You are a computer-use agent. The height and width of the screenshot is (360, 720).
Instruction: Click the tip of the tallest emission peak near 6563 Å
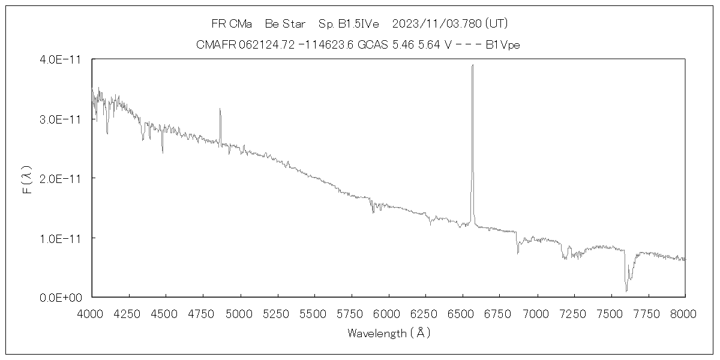pos(472,65)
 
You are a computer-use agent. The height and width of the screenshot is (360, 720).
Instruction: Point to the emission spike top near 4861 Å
pos(220,109)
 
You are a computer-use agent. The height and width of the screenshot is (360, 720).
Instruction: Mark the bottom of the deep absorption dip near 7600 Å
pos(626,291)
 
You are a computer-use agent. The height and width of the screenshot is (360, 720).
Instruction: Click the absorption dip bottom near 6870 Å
pos(518,253)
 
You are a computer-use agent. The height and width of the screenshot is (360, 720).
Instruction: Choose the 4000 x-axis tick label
pos(92,313)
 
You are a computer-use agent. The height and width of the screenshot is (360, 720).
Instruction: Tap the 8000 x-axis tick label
pos(685,313)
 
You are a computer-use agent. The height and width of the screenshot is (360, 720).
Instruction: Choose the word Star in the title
pos(294,24)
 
